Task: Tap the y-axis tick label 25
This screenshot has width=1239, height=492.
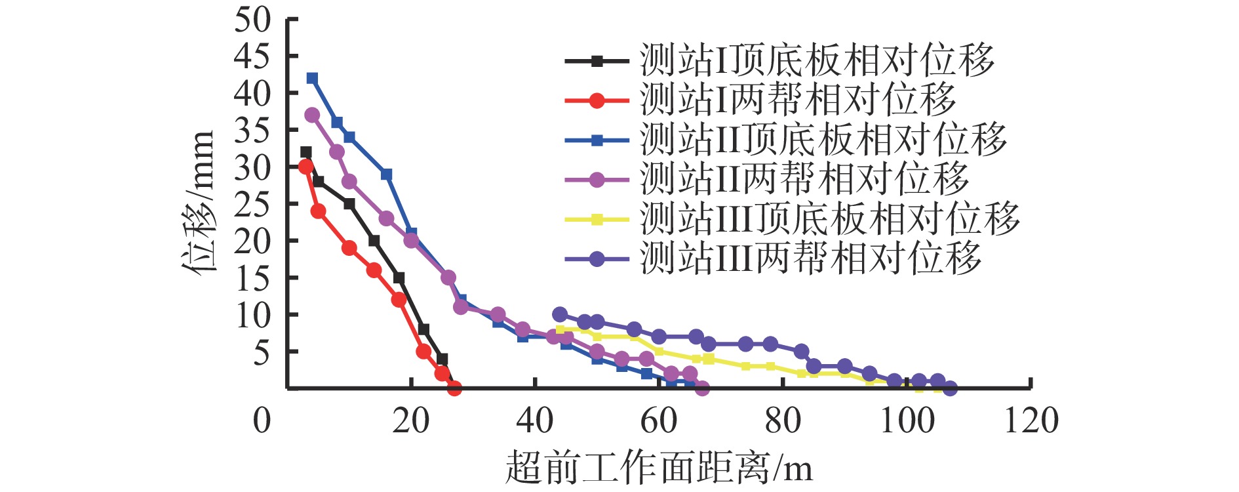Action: click(x=253, y=205)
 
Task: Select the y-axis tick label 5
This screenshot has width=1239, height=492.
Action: click(x=262, y=354)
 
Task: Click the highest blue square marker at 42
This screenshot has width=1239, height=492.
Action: click(x=312, y=79)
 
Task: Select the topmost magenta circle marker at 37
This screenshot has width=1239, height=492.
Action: click(x=312, y=115)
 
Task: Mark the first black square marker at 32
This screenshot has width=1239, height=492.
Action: click(x=305, y=152)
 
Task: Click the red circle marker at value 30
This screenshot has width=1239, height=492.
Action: click(x=305, y=167)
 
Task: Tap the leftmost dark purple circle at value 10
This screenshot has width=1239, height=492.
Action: click(x=560, y=314)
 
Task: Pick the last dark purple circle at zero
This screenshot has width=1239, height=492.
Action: click(x=950, y=388)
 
